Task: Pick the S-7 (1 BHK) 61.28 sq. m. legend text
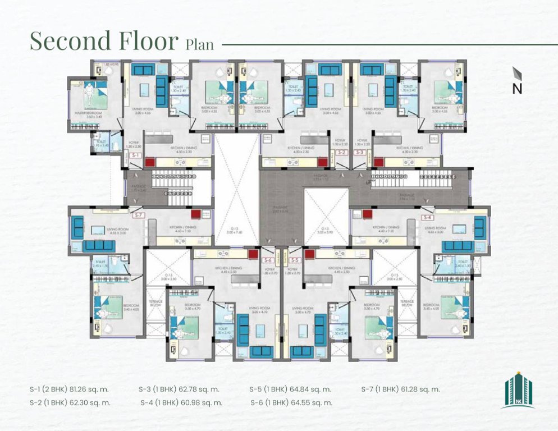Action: tap(400, 389)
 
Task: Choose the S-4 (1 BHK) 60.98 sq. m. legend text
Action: tap(181, 402)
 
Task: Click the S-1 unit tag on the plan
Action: tap(134, 154)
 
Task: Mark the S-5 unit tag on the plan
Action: tap(294, 260)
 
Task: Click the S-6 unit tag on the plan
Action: tap(268, 260)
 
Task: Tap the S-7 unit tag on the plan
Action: tap(137, 214)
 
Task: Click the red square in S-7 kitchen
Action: tap(195, 214)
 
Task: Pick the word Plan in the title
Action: tap(199, 44)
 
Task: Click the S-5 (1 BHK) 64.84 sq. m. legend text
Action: tap(290, 389)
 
